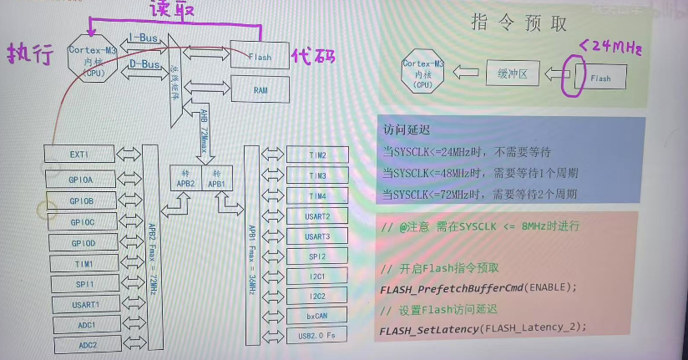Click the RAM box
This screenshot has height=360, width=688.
tap(260, 89)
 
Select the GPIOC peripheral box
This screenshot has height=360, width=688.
tap(82, 222)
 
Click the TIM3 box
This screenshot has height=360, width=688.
tap(316, 175)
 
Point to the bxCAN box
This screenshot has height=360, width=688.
tap(316, 316)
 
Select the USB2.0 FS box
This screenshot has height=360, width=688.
tap(316, 336)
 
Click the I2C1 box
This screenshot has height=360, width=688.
tap(316, 276)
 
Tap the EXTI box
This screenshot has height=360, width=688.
tap(79, 155)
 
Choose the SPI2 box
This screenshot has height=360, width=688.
tap(316, 256)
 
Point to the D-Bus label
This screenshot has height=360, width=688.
tap(144, 63)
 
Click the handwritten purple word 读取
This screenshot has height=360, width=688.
tap(173, 11)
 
